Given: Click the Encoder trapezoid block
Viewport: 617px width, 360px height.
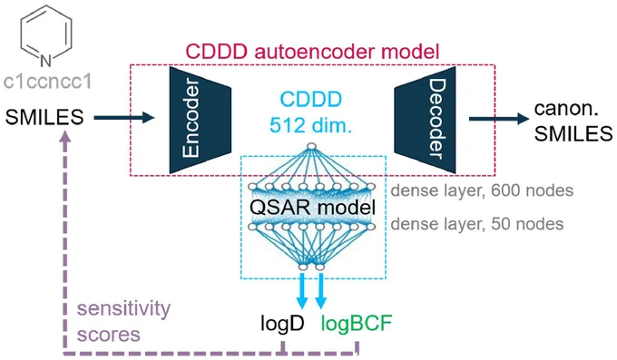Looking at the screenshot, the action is [200, 120].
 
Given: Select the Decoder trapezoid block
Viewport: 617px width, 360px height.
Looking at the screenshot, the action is [425, 120].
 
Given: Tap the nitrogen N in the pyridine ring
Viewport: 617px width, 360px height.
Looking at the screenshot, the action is [46, 61].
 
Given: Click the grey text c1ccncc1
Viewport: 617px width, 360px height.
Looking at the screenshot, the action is [47, 82].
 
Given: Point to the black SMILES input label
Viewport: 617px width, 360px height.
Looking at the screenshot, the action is [44, 117].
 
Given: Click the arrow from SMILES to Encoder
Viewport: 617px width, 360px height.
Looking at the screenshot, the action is [124, 117].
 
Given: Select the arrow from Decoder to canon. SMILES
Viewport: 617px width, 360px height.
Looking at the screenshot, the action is [499, 119].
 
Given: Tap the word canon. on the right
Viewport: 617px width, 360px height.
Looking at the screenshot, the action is [566, 109].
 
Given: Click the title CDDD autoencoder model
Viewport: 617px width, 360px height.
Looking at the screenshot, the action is [312, 52].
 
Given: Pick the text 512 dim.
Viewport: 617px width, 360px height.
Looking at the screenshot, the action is [310, 125].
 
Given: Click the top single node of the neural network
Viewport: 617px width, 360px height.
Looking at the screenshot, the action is [311, 146].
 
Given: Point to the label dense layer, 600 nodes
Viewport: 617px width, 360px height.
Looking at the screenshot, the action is [482, 190].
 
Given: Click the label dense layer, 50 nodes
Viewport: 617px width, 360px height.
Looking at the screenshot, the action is [477, 224].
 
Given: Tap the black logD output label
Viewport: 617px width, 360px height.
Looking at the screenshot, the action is [282, 324].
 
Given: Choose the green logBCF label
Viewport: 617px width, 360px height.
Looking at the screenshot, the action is [357, 323].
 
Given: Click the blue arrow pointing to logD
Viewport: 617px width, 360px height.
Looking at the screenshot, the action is [302, 291].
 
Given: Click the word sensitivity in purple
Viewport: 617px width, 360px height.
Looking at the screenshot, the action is [124, 309].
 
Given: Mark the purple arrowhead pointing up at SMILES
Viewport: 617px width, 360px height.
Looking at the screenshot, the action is [65, 136].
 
